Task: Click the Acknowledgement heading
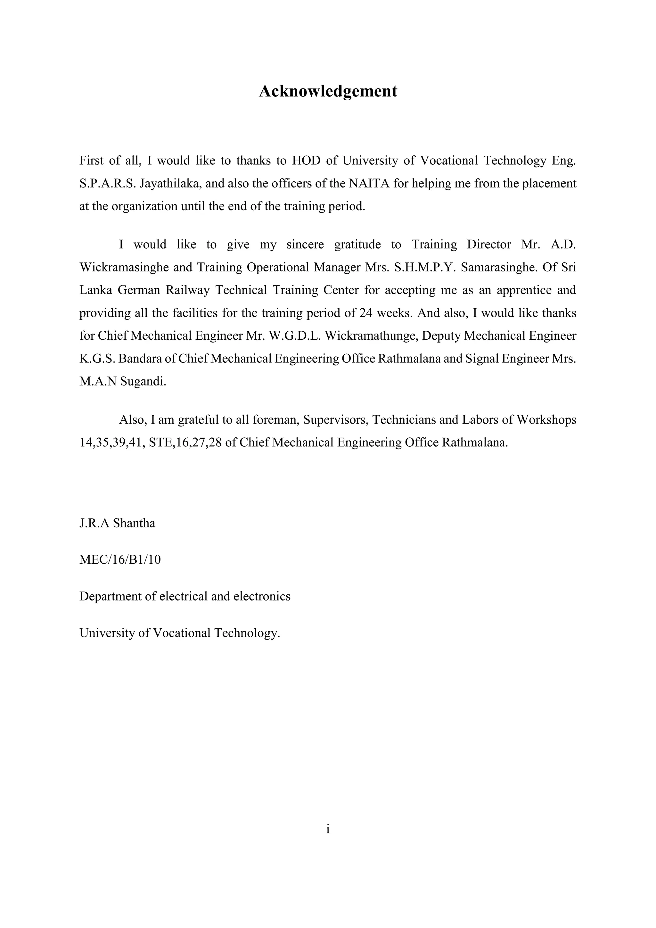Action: (328, 91)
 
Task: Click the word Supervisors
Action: (335, 420)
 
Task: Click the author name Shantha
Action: (134, 523)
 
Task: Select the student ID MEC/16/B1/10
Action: (120, 560)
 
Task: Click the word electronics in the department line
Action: (262, 596)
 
